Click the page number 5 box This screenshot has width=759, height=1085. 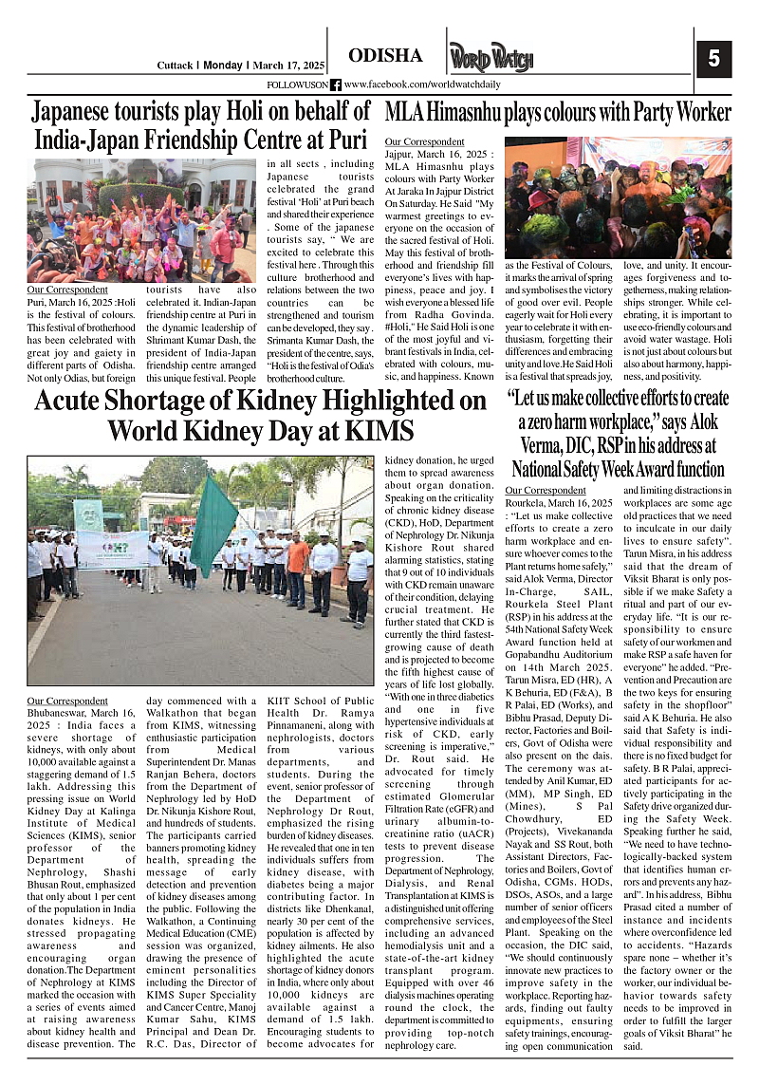click(x=713, y=58)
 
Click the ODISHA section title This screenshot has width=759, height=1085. click(x=385, y=56)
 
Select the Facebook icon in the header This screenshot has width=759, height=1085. click(x=335, y=84)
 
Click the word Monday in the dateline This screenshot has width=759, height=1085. click(x=223, y=65)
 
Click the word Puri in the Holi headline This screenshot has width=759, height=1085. click(x=347, y=140)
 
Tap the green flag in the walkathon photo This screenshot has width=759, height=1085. click(x=213, y=527)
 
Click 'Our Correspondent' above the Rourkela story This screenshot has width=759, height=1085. click(x=546, y=490)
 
